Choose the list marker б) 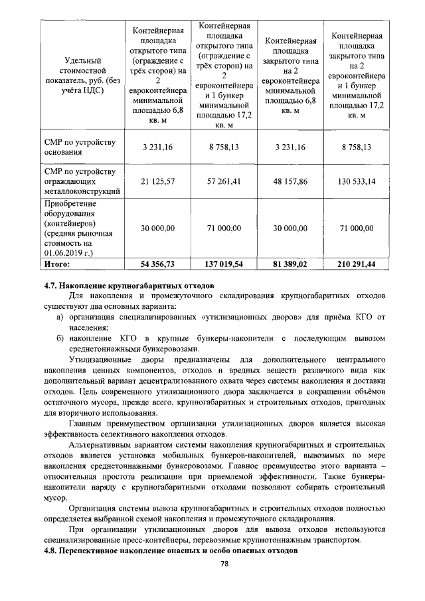pyautogui.click(x=59, y=338)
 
